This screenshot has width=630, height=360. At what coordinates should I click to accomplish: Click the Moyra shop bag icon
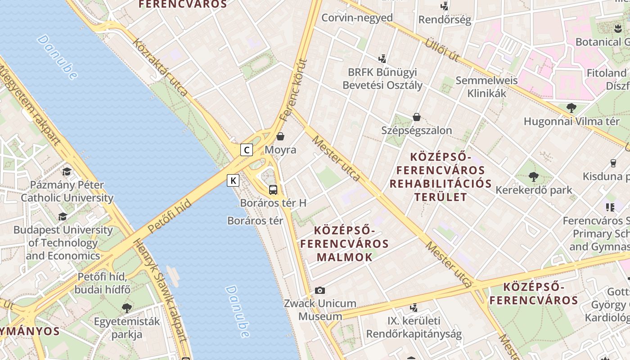tap(280, 136)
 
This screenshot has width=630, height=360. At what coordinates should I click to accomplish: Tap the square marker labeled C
tap(246, 149)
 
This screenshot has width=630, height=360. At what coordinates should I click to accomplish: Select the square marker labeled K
tap(233, 180)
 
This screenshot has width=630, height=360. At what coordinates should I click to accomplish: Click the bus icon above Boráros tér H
tap(273, 189)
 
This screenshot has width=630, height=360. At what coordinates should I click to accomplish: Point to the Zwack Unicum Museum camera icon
tap(320, 290)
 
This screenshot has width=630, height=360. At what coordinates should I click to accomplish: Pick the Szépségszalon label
tap(416, 130)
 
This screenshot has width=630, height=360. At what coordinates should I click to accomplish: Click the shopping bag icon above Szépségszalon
tap(417, 117)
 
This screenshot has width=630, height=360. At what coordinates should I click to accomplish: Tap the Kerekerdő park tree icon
tap(534, 176)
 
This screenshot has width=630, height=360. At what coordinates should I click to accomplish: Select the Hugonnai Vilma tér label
tap(571, 121)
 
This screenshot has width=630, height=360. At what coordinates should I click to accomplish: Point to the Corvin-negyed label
tap(357, 18)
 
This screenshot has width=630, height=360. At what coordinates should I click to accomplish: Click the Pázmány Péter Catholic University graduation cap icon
tap(67, 171)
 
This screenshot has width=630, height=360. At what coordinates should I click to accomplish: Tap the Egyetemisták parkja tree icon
tap(127, 308)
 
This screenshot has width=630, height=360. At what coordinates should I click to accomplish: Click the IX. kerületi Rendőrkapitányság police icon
tap(414, 308)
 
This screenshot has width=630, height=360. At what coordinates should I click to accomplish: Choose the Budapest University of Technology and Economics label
tap(63, 243)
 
